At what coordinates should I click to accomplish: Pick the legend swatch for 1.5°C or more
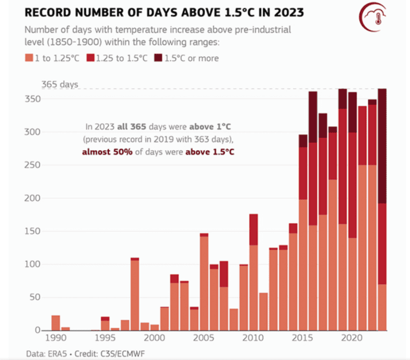point(159,58)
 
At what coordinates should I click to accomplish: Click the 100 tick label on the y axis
point(34,264)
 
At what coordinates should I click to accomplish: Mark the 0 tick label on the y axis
point(38,331)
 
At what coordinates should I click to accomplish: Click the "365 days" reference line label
point(59,84)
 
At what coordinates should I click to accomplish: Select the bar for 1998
point(135,294)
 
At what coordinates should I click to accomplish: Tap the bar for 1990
point(56,323)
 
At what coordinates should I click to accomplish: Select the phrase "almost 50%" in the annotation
point(104,151)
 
